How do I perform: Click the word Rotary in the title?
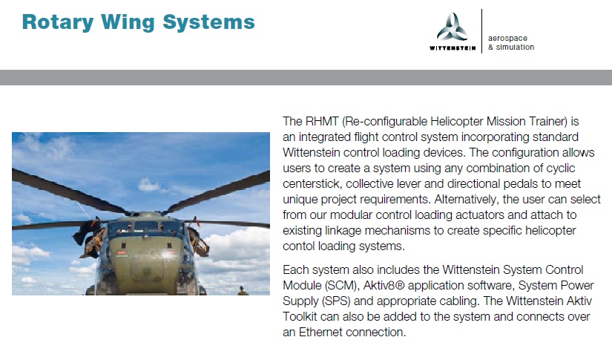tap(58, 22)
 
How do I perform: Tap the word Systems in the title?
tap(208, 22)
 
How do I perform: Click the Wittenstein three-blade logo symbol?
tap(453, 27)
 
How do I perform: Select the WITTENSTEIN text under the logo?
tap(453, 48)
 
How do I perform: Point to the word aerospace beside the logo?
tap(507, 39)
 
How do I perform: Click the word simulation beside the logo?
tap(515, 48)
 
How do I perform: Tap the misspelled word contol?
tap(299, 246)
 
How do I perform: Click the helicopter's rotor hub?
tap(147, 214)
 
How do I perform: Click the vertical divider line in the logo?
tap(482, 31)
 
